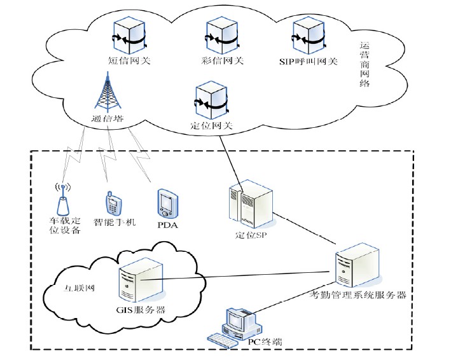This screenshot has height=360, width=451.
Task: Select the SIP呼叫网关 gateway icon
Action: point(309,38)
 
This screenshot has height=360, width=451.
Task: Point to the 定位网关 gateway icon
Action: point(212,99)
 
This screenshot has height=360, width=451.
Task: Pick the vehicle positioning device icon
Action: point(63,202)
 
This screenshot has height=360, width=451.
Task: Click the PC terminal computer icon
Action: point(235,328)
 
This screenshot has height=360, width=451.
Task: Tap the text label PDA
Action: point(166,225)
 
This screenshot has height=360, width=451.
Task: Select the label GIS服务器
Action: point(136,310)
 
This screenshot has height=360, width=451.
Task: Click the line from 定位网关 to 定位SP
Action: point(232,159)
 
